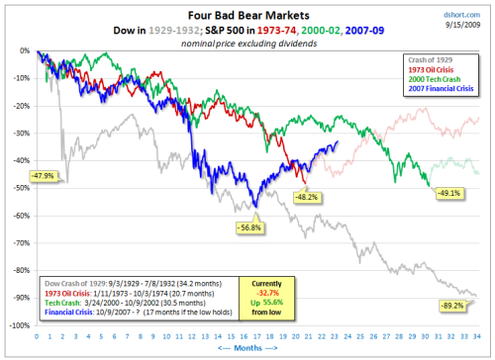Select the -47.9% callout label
tap(44, 175)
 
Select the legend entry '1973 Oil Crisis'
tap(438, 71)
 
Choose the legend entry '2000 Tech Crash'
tap(440, 81)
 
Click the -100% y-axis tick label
tap(17, 324)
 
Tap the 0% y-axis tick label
tap(23, 49)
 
